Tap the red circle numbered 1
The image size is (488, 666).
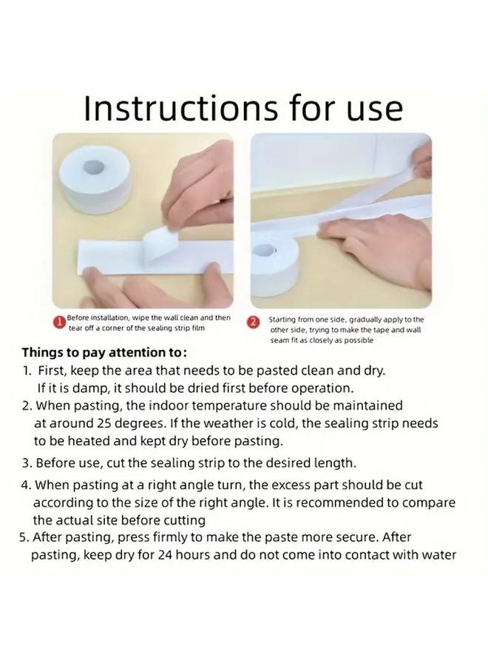pyautogui.click(x=60, y=323)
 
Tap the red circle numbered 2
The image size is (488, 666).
pyautogui.click(x=254, y=323)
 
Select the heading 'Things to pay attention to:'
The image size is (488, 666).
pyautogui.click(x=104, y=352)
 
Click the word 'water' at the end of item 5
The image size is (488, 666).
pyautogui.click(x=440, y=555)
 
